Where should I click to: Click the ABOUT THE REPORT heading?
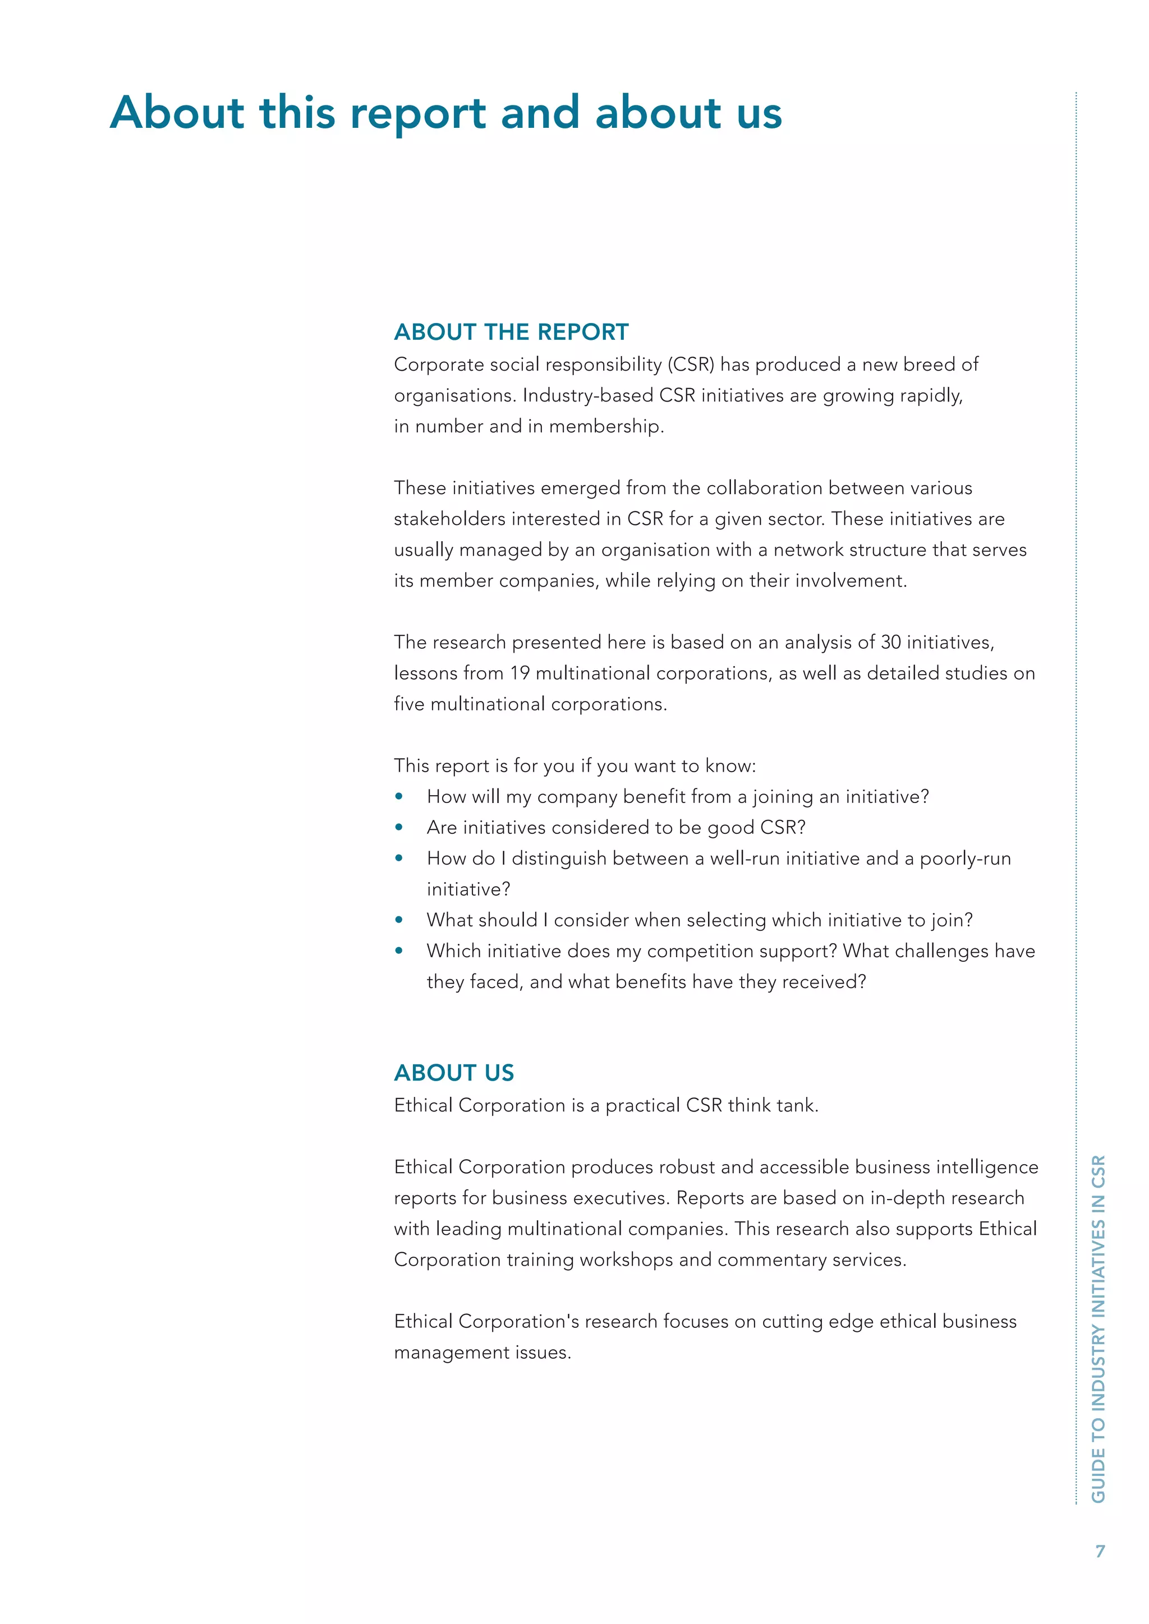pyautogui.click(x=511, y=332)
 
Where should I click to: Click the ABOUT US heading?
pyautogui.click(x=453, y=1072)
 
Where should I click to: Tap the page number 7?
pyautogui.click(x=1100, y=1551)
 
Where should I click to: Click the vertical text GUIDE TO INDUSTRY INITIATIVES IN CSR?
pyautogui.click(x=1097, y=1330)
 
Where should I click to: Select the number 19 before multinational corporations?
pyautogui.click(x=520, y=673)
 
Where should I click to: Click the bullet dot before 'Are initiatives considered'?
pyautogui.click(x=399, y=828)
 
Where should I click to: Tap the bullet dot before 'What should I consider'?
pyautogui.click(x=399, y=920)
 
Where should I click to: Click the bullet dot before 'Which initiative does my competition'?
pyautogui.click(x=399, y=951)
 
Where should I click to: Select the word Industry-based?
pyautogui.click(x=587, y=395)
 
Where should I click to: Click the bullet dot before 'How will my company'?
pyautogui.click(x=399, y=797)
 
